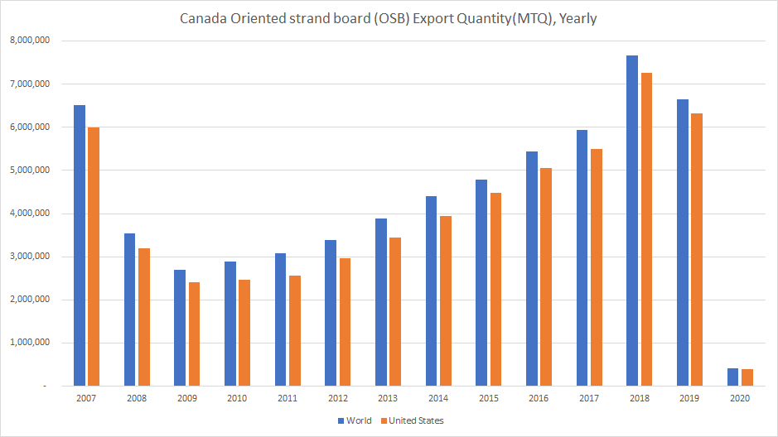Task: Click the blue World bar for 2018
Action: tap(632, 220)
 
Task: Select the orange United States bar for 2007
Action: tap(93, 257)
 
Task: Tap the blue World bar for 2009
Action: tap(180, 328)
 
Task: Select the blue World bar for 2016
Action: tap(532, 268)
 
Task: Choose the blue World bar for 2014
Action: tap(432, 291)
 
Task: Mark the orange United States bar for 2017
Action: tap(597, 267)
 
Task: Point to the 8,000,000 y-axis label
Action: tap(30, 41)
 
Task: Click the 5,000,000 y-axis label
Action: tap(30, 170)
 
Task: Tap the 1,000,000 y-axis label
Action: tap(30, 343)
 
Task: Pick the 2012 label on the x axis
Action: tap(337, 398)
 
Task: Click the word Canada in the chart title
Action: tap(202, 18)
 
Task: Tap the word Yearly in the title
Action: tap(578, 18)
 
